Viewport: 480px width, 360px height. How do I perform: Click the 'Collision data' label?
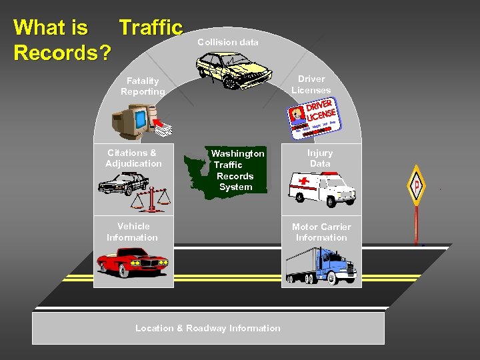[x=228, y=42]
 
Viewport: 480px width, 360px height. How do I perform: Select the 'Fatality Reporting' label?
[x=143, y=86]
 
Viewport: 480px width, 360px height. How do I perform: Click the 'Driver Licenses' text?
[x=311, y=85]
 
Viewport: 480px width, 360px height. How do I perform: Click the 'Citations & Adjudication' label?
[x=133, y=158]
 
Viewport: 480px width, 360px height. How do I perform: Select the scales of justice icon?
[x=154, y=198]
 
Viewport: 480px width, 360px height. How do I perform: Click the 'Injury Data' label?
[x=320, y=158]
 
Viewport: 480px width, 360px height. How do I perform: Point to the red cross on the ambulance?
[x=305, y=181]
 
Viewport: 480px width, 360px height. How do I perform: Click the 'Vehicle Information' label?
[x=133, y=231]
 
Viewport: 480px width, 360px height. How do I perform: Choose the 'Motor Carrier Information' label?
[x=321, y=232]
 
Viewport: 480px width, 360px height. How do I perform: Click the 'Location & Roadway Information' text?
[x=208, y=328]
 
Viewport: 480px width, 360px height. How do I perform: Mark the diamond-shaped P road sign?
[x=417, y=185]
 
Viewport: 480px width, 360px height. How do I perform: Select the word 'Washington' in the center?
[x=238, y=153]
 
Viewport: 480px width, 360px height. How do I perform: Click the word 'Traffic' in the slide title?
[x=151, y=27]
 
